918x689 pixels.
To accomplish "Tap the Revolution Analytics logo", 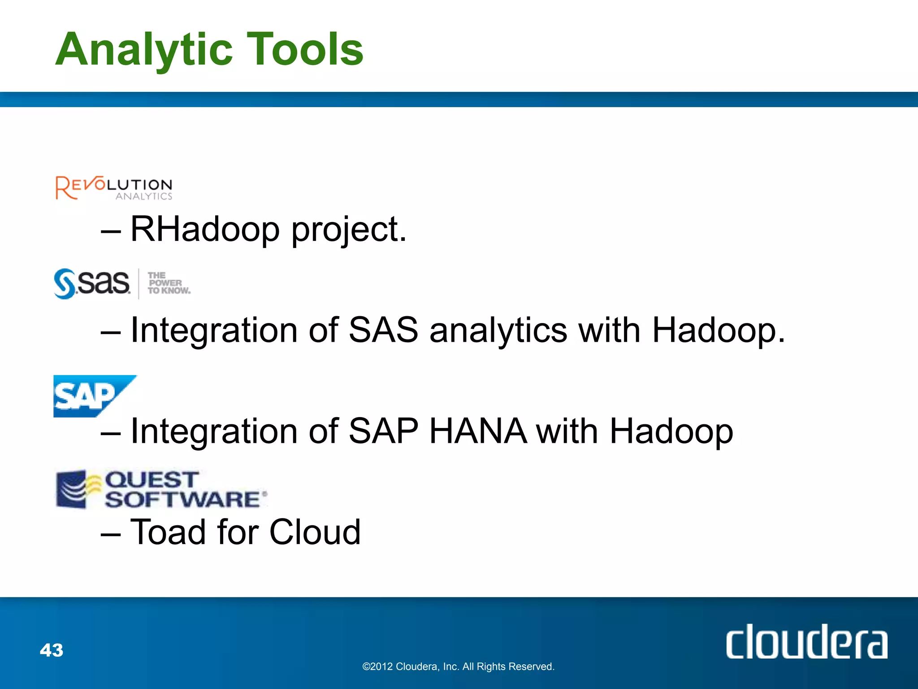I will (x=114, y=188).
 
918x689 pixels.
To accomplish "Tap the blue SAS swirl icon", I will (x=65, y=283).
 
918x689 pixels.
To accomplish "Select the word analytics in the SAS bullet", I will (x=498, y=331).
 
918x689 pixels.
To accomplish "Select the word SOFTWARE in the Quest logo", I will (x=183, y=500).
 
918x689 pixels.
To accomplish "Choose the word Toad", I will (x=168, y=532).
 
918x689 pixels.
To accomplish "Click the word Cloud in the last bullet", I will (x=315, y=532).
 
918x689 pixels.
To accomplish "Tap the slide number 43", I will (x=52, y=650).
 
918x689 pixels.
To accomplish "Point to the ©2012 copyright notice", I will (x=458, y=667).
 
